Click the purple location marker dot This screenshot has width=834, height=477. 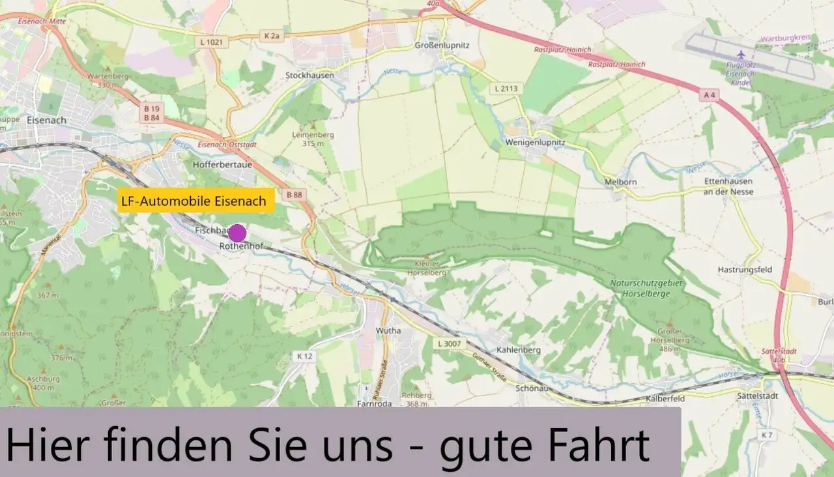[237, 233]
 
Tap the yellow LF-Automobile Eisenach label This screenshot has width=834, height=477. [194, 201]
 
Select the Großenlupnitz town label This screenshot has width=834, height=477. [442, 45]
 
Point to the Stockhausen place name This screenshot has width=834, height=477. [309, 75]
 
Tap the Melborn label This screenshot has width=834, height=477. [620, 182]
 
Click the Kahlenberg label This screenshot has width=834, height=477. [519, 350]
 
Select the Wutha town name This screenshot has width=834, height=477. [388, 331]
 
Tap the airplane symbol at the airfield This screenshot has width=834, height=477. [740, 54]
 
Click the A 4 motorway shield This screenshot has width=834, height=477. [710, 95]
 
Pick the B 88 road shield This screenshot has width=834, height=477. [295, 194]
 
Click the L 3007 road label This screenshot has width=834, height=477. [449, 343]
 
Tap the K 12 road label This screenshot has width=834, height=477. [305, 356]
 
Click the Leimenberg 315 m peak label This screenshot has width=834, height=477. [313, 138]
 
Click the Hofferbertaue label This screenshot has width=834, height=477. [222, 165]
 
